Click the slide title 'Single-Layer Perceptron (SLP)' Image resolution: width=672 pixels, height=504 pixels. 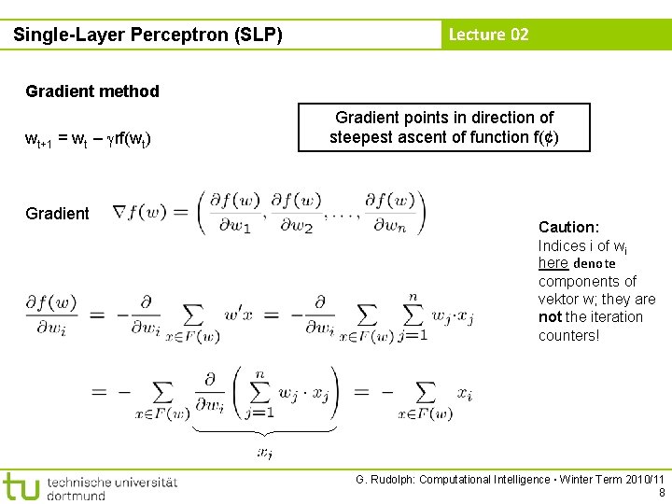coord(147,35)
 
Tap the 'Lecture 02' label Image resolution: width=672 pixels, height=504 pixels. coord(488,35)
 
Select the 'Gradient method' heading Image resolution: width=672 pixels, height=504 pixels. coord(92,91)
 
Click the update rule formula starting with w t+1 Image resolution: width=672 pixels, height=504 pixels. coord(89,140)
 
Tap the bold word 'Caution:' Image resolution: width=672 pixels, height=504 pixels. coord(568,227)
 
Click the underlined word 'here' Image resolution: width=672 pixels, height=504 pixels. coord(553,263)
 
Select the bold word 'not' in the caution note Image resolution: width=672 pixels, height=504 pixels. coord(550,317)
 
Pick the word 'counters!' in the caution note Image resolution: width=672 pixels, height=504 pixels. coord(568,335)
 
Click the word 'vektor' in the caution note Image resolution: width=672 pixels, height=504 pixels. coord(558,300)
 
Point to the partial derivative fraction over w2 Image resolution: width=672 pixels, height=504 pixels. coord(295,212)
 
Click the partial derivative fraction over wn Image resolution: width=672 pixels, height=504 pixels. coord(389,212)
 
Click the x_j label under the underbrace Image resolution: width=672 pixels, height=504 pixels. coord(265,454)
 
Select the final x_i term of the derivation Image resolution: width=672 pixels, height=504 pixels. coord(464,393)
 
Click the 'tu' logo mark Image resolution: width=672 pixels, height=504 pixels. coord(21,486)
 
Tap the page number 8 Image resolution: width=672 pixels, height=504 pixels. coord(662,493)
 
